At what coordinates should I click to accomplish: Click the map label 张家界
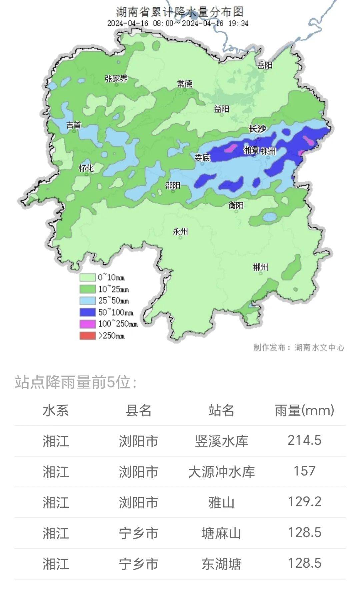tap(116, 79)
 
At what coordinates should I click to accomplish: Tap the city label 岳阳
tap(265, 65)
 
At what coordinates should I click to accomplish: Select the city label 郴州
tap(260, 267)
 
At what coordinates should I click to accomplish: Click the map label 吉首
tap(74, 125)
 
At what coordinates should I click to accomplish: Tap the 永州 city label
tap(180, 232)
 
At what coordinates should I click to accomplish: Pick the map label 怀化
tap(86, 168)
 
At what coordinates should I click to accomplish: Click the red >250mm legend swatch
tap(87, 335)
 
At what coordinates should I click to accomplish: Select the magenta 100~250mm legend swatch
tap(87, 324)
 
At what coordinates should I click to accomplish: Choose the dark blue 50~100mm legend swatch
tap(87, 312)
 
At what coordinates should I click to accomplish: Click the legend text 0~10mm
tap(111, 278)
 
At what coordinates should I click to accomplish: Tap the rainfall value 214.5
tap(304, 440)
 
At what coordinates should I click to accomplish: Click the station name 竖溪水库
tap(221, 441)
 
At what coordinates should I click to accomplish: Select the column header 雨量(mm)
tap(304, 410)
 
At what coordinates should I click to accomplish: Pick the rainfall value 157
tap(304, 471)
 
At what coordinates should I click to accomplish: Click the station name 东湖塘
tap(221, 564)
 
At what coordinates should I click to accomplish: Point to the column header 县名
tap(138, 410)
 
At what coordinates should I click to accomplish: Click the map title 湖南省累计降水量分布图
tap(180, 12)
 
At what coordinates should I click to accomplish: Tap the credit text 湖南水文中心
tap(319, 348)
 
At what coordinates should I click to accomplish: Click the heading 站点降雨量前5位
tap(75, 382)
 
